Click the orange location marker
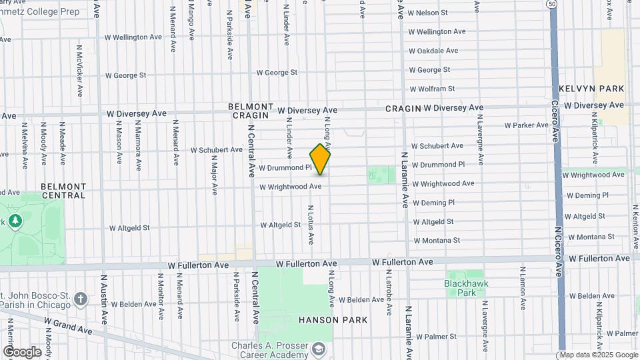(320, 159)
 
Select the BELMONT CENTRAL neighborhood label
(63, 191)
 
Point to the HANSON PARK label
(333, 320)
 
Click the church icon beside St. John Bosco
(81, 298)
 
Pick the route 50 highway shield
(551, 4)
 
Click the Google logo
(21, 351)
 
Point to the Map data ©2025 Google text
(597, 355)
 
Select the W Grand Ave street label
(69, 325)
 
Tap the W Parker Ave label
(526, 125)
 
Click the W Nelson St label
(427, 13)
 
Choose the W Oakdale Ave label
(433, 51)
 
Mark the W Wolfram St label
(431, 89)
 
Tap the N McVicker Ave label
(79, 69)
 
